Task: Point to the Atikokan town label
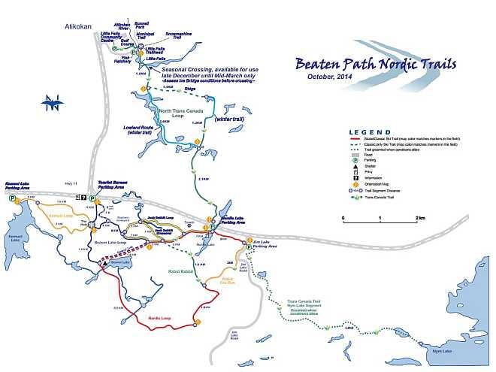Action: click(78, 27)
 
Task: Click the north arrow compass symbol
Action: click(50, 104)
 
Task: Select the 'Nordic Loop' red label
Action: click(160, 318)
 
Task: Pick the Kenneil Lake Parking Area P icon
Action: click(13, 201)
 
